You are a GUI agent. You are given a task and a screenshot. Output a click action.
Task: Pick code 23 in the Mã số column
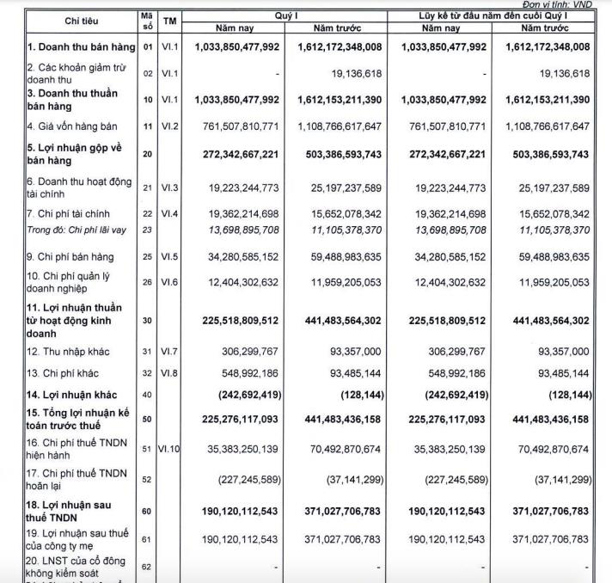[146, 230]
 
